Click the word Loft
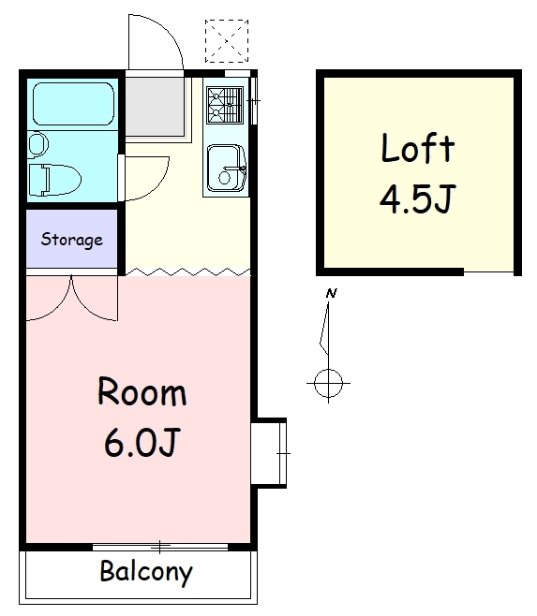click(418, 148)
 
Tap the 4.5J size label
click(417, 198)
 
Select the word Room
click(142, 391)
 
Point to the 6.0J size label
click(142, 443)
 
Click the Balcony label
click(146, 573)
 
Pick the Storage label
click(72, 240)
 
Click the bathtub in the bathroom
click(73, 104)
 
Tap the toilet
click(55, 180)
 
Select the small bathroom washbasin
click(38, 144)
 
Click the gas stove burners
click(225, 106)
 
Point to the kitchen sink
click(227, 168)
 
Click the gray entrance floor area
click(155, 107)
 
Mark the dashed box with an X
click(227, 41)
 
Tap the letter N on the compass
click(332, 293)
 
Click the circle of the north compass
click(329, 383)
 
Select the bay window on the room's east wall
click(269, 453)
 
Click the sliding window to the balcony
click(160, 547)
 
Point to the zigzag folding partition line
click(187, 271)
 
